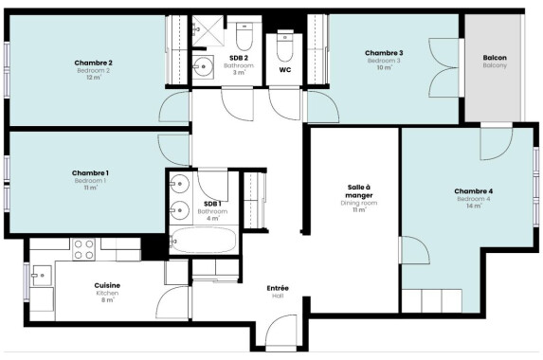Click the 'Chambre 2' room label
point(93,63)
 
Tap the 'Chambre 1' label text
point(90,173)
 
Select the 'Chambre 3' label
point(384,53)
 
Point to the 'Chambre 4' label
point(474,191)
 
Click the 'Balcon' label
point(495,58)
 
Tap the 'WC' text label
point(285,70)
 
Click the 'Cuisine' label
point(107,285)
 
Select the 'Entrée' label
point(278,288)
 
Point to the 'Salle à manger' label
point(359,191)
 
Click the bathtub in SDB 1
point(204,241)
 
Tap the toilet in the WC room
point(285,46)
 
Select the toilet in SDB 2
point(244,36)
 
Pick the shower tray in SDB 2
point(208,30)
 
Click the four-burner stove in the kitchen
point(83,249)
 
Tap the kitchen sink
point(42,276)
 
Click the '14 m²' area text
point(474,206)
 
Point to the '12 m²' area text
point(94,78)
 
